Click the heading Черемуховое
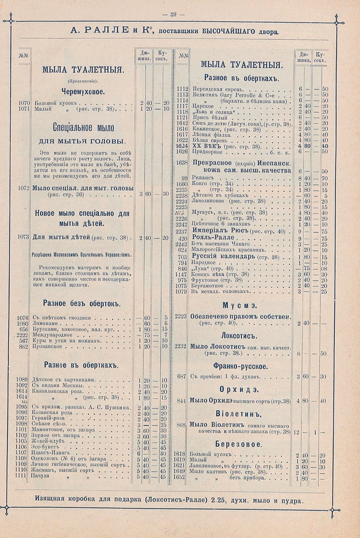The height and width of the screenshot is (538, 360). pyautogui.click(x=83, y=91)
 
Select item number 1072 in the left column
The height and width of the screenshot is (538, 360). pyautogui.click(x=23, y=188)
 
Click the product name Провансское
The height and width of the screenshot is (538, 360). pyautogui.click(x=49, y=347)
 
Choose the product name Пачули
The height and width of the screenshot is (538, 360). pyautogui.click(x=41, y=476)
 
